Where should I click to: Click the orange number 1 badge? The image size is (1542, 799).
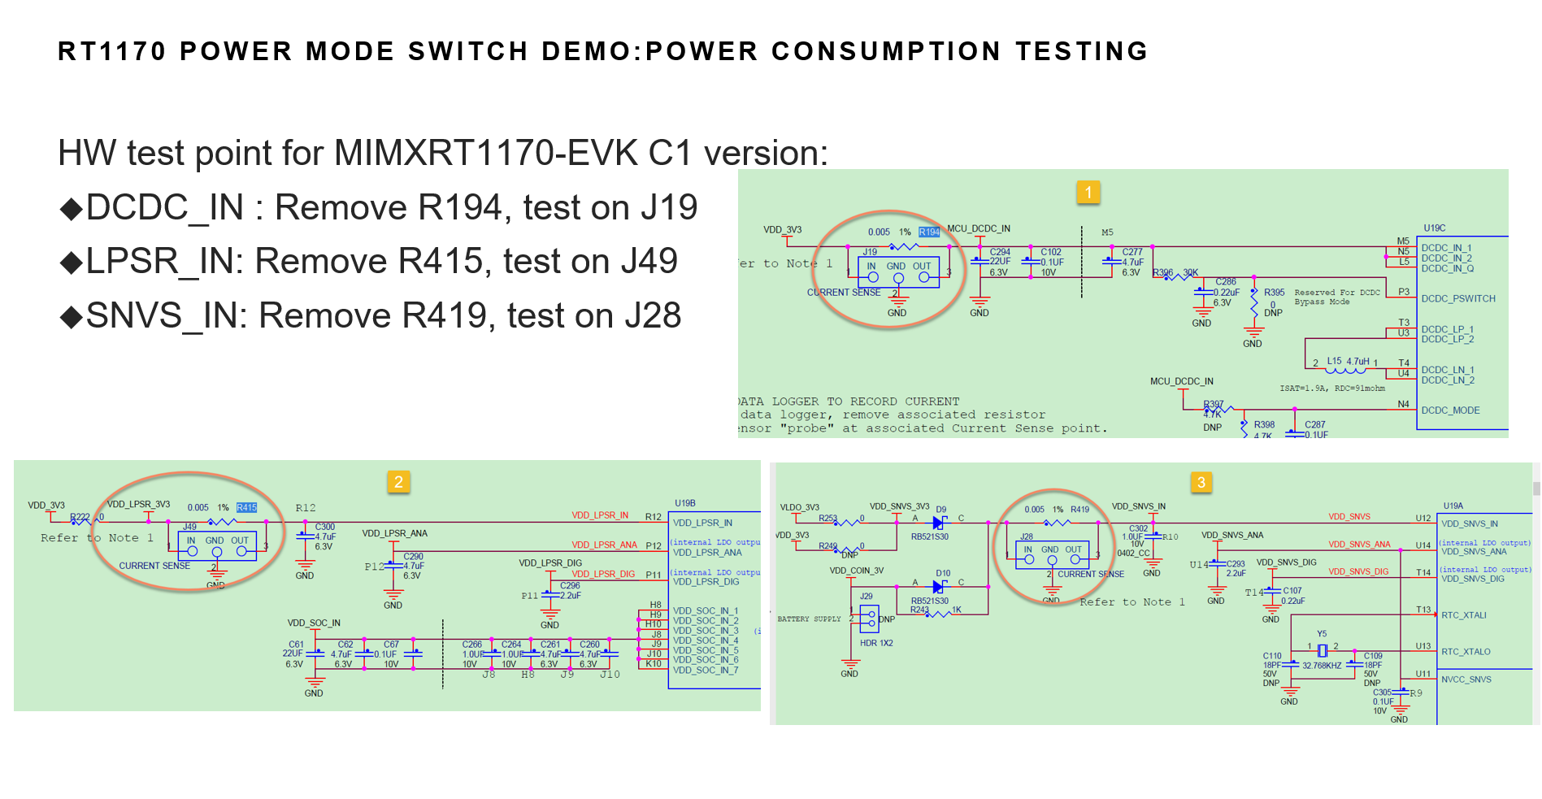point(1088,193)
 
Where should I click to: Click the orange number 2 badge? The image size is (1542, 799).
point(398,482)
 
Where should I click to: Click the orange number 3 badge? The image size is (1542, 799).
point(1201,482)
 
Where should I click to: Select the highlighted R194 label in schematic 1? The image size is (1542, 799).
point(929,232)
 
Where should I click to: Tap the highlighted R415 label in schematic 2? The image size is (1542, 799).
point(246,508)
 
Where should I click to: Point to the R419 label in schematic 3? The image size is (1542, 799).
point(1079,510)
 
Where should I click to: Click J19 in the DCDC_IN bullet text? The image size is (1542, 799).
point(668,207)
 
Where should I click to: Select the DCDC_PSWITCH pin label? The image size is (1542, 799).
point(1458,298)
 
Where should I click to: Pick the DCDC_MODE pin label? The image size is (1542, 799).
point(1450,410)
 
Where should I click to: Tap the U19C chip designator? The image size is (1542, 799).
point(1434,228)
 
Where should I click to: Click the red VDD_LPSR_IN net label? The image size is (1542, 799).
point(600,515)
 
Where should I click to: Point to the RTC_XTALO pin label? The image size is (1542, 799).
point(1466,652)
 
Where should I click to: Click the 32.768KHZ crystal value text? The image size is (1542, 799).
point(1322,666)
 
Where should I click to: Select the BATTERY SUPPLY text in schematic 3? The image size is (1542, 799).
point(809,619)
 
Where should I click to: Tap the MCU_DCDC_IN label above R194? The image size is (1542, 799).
point(979,229)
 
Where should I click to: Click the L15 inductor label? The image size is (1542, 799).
point(1334,361)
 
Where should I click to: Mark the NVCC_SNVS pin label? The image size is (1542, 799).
point(1466,680)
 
